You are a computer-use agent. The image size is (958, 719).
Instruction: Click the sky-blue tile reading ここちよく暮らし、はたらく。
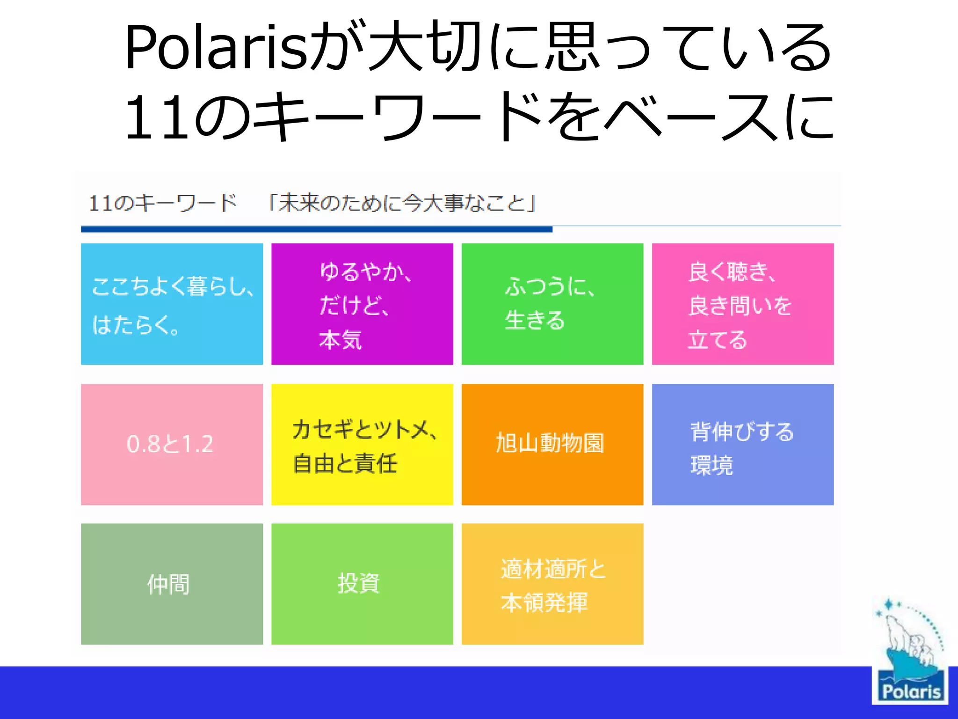click(x=172, y=304)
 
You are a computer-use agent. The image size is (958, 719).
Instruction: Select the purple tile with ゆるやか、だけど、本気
click(x=362, y=304)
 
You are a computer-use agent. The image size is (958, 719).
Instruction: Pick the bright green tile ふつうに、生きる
click(x=552, y=304)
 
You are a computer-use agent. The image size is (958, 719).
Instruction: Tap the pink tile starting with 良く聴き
click(x=742, y=304)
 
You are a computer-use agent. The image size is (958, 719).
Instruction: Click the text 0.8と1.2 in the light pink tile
click(x=170, y=444)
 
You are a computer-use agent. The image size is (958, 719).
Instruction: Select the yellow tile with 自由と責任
click(x=362, y=445)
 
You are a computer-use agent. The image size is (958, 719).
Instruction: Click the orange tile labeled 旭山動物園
click(x=550, y=443)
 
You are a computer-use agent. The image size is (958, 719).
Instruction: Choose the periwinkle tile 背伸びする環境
click(x=742, y=445)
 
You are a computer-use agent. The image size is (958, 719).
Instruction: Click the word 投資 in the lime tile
click(x=359, y=584)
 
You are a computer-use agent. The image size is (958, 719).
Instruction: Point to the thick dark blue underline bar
click(x=316, y=229)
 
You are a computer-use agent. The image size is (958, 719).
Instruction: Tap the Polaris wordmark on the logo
click(x=910, y=691)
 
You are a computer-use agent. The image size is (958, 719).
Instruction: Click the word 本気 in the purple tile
click(x=341, y=339)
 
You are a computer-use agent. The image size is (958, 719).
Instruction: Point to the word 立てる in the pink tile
click(x=717, y=339)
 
